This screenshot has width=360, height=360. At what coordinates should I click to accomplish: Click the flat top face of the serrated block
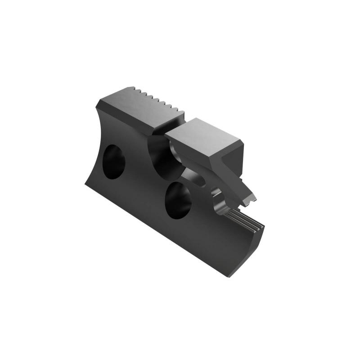point(139,106)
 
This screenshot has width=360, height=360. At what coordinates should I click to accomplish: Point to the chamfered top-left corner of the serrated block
point(100,103)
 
